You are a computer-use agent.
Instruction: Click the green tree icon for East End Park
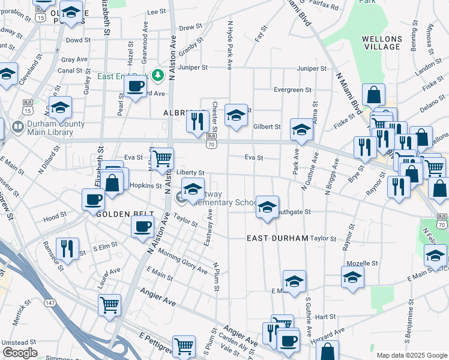pyautogui.click(x=158, y=75)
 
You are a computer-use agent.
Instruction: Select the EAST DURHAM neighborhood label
pyautogui.click(x=277, y=238)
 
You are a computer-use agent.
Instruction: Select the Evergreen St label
pyautogui.click(x=292, y=89)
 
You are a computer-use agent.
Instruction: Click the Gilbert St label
pyautogui.click(x=267, y=127)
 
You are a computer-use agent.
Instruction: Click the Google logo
pyautogui.click(x=20, y=352)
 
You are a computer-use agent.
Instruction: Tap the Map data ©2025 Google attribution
pyautogui.click(x=411, y=355)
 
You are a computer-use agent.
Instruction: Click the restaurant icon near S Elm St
pyautogui.click(x=67, y=248)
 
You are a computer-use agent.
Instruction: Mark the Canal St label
pyautogui.click(x=70, y=70)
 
